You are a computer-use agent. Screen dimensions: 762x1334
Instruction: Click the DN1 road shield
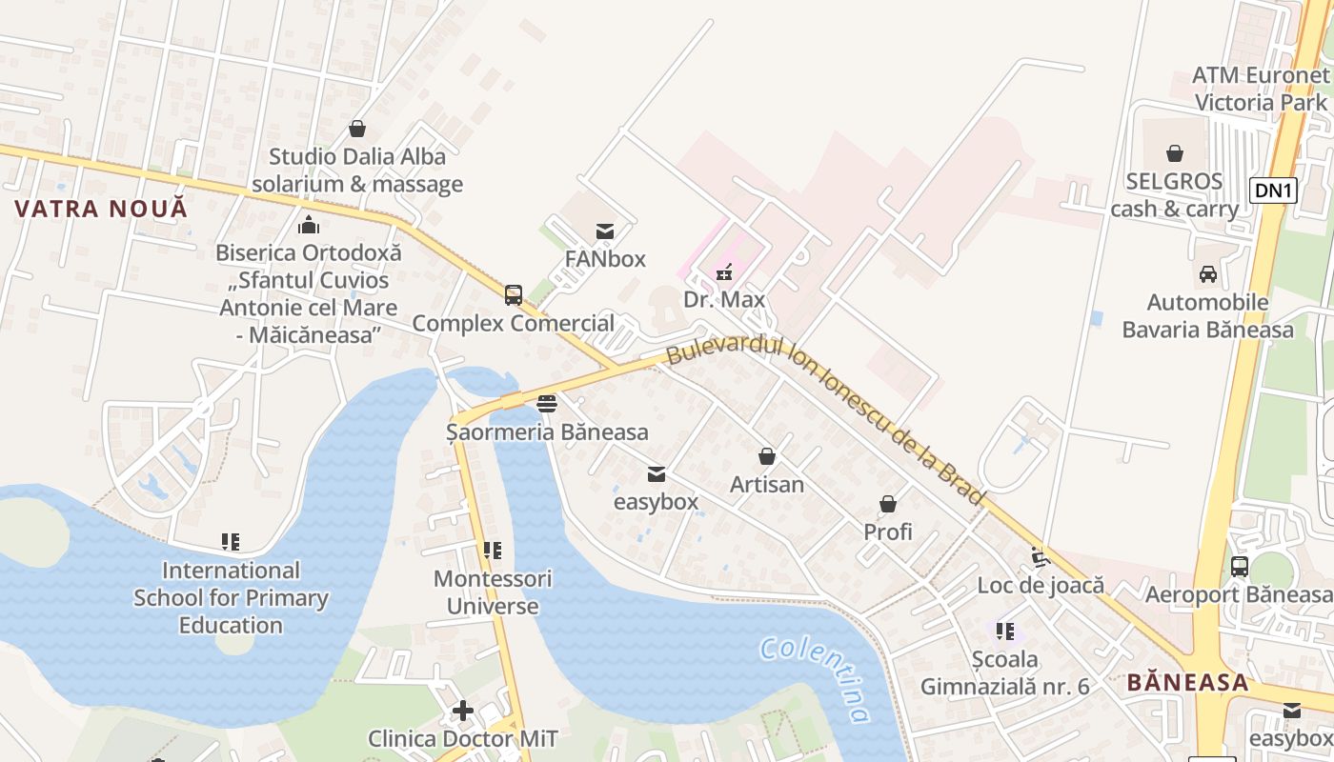tap(1274, 190)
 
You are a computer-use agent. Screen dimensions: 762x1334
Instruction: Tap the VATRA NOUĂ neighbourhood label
tap(101, 209)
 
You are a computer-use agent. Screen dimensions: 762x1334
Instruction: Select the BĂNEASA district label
tap(1187, 682)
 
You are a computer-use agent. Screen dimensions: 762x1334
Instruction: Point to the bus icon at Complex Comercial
tap(514, 295)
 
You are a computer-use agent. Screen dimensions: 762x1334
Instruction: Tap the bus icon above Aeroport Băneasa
tap(1239, 567)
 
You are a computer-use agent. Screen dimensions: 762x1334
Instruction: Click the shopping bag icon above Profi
tap(888, 504)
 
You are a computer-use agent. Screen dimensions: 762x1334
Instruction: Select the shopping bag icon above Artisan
tap(767, 456)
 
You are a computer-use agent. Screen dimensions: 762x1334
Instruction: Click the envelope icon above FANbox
tap(604, 231)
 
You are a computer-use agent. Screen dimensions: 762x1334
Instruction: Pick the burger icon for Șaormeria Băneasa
tap(547, 404)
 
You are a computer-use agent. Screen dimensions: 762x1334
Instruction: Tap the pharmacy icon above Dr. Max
tap(724, 272)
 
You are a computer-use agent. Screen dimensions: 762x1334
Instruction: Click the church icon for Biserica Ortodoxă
tap(309, 226)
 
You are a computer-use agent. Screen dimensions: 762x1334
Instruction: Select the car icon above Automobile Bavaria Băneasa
tap(1207, 274)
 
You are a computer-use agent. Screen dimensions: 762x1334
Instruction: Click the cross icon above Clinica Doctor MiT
tap(463, 711)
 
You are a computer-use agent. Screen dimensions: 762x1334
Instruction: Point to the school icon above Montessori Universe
tap(493, 551)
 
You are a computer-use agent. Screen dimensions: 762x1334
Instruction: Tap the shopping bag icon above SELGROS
tap(1175, 153)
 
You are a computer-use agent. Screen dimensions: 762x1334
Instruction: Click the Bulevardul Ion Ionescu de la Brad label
tap(823, 420)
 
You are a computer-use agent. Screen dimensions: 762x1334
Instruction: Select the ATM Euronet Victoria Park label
tap(1261, 89)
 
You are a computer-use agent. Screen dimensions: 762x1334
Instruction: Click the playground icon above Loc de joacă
tap(1041, 556)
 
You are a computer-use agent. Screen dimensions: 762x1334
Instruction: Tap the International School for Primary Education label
tap(231, 597)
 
